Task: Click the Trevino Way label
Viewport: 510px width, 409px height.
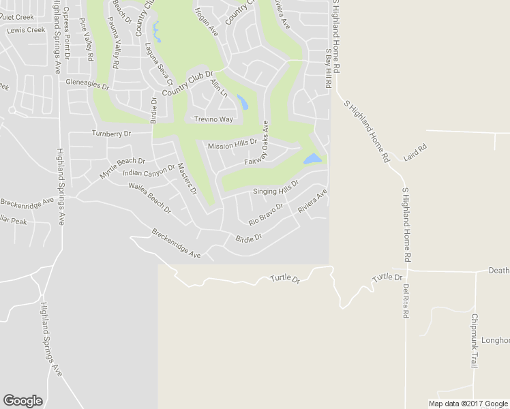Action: (213, 119)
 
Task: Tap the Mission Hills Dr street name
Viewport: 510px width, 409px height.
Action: (232, 145)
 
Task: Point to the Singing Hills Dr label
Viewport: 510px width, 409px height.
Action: (276, 188)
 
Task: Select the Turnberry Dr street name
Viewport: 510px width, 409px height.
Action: (110, 134)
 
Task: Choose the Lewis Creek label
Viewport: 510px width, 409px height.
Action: (25, 30)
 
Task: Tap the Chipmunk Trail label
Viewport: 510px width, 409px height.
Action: (474, 341)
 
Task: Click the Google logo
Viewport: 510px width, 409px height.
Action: (22, 401)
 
